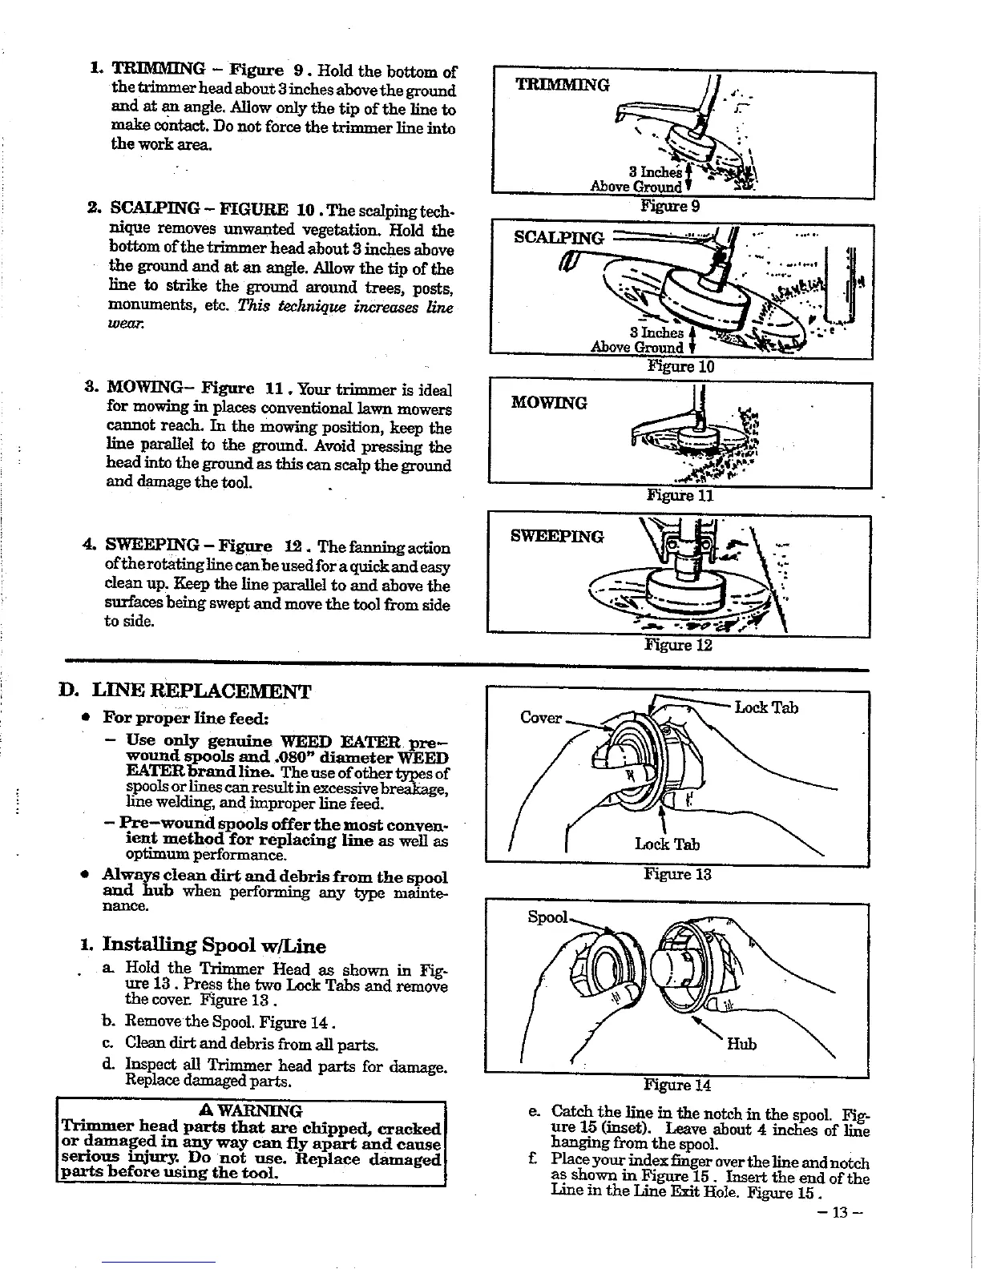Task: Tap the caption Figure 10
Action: coord(680,367)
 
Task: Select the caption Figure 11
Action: coord(680,495)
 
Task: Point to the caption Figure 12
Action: coord(679,645)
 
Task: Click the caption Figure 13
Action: coord(677,873)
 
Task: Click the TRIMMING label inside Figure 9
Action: coord(562,84)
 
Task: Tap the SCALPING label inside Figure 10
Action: coord(559,238)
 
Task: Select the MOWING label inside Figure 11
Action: coord(549,402)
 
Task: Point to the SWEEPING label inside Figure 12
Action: coord(557,536)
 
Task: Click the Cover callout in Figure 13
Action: coord(541,717)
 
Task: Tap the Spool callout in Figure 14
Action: coord(547,916)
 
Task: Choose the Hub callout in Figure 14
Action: coord(741,1044)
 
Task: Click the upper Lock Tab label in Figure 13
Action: coord(766,707)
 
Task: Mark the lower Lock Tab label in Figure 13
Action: coord(667,844)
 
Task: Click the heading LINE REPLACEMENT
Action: coord(201,691)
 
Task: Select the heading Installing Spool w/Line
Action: coord(214,945)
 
